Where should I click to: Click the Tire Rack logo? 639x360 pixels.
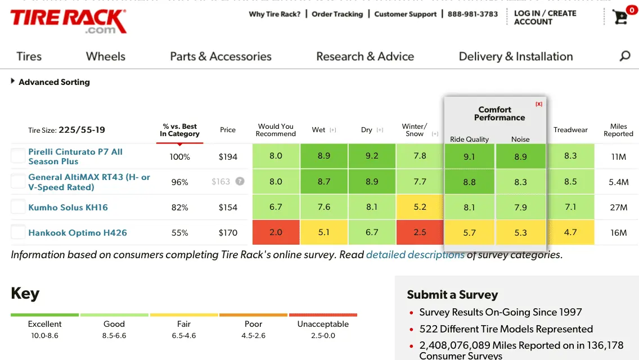(x=68, y=21)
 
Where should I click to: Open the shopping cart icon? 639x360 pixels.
(x=620, y=17)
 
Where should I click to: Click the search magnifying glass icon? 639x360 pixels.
(x=624, y=56)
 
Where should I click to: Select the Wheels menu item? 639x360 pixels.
(x=105, y=56)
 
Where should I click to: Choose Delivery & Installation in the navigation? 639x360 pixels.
(x=515, y=56)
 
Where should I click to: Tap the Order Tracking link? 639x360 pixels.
(x=337, y=14)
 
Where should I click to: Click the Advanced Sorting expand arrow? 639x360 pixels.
(x=13, y=82)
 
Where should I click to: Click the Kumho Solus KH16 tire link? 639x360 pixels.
(x=68, y=208)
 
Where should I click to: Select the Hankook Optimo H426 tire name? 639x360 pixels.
(x=78, y=233)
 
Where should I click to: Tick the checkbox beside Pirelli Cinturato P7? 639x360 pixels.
(x=19, y=156)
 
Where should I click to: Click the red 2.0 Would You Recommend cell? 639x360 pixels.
(x=276, y=232)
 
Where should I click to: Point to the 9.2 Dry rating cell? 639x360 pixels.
(x=372, y=156)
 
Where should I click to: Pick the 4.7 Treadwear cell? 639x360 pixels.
(x=570, y=232)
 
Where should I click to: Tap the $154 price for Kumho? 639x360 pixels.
(x=228, y=208)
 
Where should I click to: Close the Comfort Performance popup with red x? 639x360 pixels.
(x=539, y=104)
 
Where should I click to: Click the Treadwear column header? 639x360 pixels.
(x=570, y=130)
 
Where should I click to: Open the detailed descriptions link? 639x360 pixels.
(x=415, y=255)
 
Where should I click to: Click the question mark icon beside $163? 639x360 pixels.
(x=240, y=182)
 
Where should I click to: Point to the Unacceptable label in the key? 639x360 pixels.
(x=323, y=324)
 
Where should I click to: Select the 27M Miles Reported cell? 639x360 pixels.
(x=618, y=208)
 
